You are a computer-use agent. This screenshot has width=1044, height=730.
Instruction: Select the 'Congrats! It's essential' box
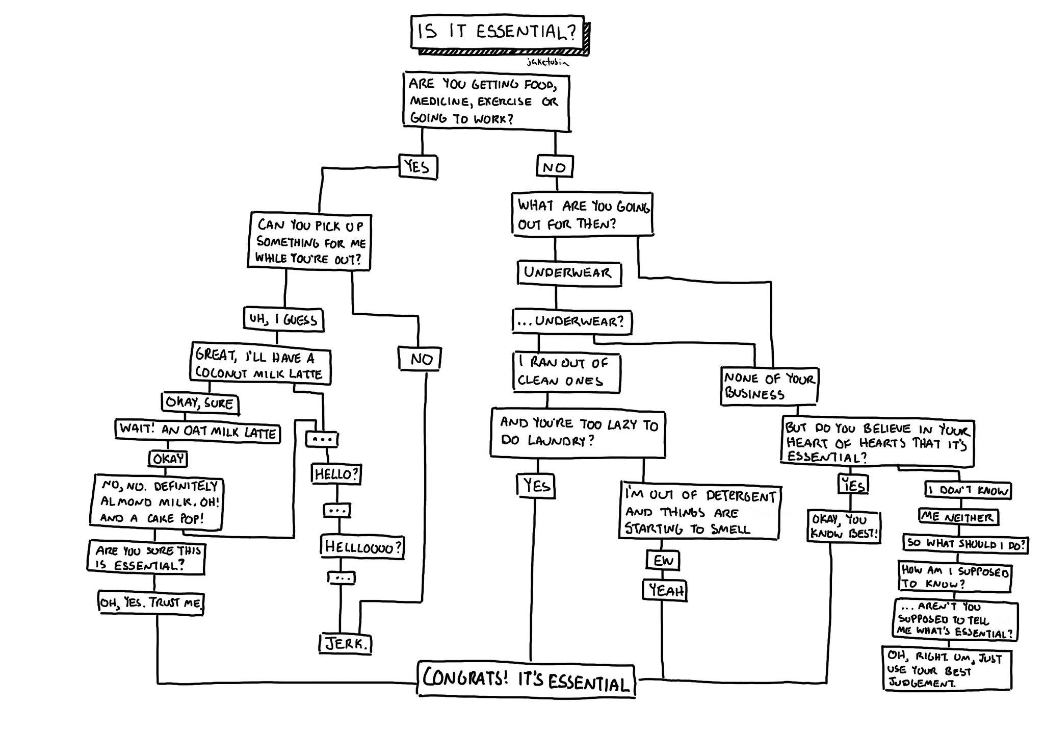(x=526, y=681)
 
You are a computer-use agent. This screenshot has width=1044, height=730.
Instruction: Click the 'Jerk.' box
(x=346, y=644)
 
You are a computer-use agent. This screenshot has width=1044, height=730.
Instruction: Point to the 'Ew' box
(x=663, y=561)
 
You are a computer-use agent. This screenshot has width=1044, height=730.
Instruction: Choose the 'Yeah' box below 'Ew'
(x=665, y=591)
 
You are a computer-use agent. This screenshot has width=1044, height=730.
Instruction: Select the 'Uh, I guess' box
(x=283, y=320)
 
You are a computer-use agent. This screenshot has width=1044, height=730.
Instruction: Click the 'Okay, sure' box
(x=200, y=403)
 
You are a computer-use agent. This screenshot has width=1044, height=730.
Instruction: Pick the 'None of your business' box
(x=769, y=386)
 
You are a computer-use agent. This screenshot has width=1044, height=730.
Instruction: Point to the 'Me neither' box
(x=958, y=517)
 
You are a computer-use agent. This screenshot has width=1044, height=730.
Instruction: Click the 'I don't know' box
(x=968, y=490)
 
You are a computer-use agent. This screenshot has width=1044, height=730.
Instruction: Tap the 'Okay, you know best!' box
(x=844, y=526)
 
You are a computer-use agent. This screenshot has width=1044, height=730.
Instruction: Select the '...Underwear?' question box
(x=571, y=321)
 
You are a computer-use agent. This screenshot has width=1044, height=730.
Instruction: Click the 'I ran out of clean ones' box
(x=566, y=372)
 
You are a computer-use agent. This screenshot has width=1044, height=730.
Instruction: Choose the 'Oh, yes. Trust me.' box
(x=151, y=602)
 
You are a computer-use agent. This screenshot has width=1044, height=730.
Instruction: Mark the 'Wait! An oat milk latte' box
(x=197, y=432)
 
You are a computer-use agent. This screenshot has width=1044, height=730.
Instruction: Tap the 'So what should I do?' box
(x=965, y=543)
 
